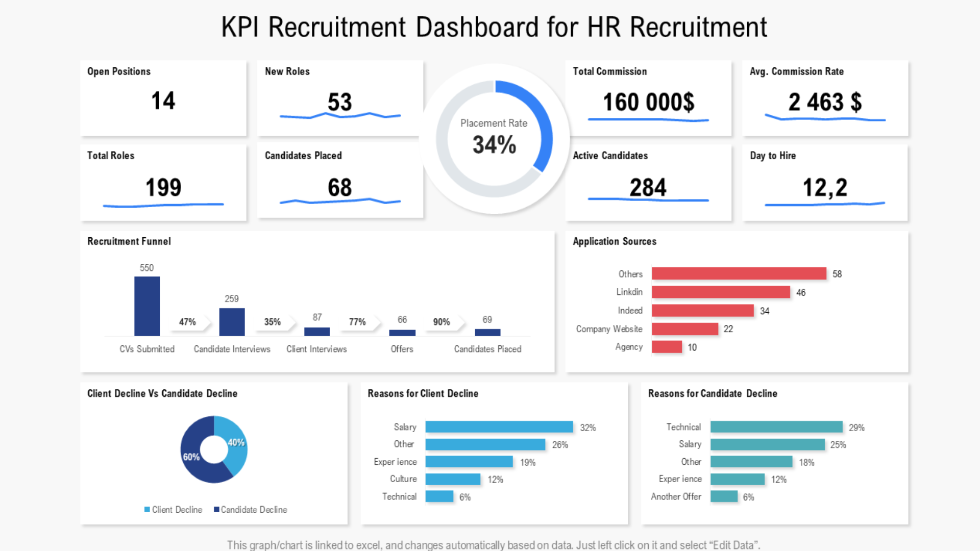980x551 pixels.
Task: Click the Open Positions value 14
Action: [163, 101]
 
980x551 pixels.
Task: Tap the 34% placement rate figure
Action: [494, 144]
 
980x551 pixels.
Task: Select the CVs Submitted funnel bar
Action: [147, 306]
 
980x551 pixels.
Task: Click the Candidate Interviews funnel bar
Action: [232, 322]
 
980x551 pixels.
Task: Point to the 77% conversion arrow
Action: [358, 322]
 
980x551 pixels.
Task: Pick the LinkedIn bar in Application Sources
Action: [721, 292]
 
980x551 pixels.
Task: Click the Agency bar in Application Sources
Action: [667, 347]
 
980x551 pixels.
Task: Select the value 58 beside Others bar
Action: [837, 274]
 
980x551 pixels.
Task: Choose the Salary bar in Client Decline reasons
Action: [499, 427]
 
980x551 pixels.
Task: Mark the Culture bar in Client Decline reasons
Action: [453, 479]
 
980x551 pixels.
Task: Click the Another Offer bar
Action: [724, 496]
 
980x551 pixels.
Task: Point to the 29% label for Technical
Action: [856, 428]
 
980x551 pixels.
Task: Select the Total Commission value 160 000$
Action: [648, 102]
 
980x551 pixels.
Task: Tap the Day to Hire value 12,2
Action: [825, 187]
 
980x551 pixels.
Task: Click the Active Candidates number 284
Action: [648, 187]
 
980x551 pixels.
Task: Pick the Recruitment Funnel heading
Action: [129, 241]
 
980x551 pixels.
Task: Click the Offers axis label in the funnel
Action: [402, 349]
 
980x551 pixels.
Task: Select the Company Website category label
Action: [609, 329]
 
